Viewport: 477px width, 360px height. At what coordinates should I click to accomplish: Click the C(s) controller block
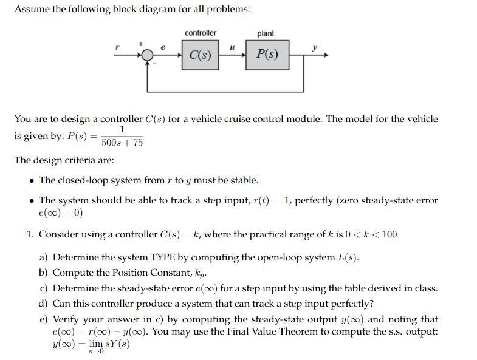pos(201,55)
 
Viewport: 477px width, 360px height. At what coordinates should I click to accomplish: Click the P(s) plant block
pos(267,55)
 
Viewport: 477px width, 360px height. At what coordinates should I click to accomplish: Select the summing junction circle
pos(147,55)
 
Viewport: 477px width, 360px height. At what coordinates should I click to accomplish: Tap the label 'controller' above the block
pos(200,33)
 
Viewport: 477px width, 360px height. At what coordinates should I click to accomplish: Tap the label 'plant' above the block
pos(266,33)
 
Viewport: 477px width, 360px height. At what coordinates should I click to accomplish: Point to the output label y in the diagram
pos(314,47)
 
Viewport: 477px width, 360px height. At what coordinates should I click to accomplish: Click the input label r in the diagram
pos(117,47)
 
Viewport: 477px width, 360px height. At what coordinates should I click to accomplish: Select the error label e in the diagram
pos(163,46)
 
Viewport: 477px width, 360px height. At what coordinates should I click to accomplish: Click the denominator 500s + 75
pos(122,143)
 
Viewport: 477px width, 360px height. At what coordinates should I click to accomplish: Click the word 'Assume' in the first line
pos(31,9)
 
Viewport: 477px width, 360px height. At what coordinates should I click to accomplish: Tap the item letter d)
pos(44,304)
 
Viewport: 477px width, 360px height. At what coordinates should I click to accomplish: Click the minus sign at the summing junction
pos(154,63)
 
